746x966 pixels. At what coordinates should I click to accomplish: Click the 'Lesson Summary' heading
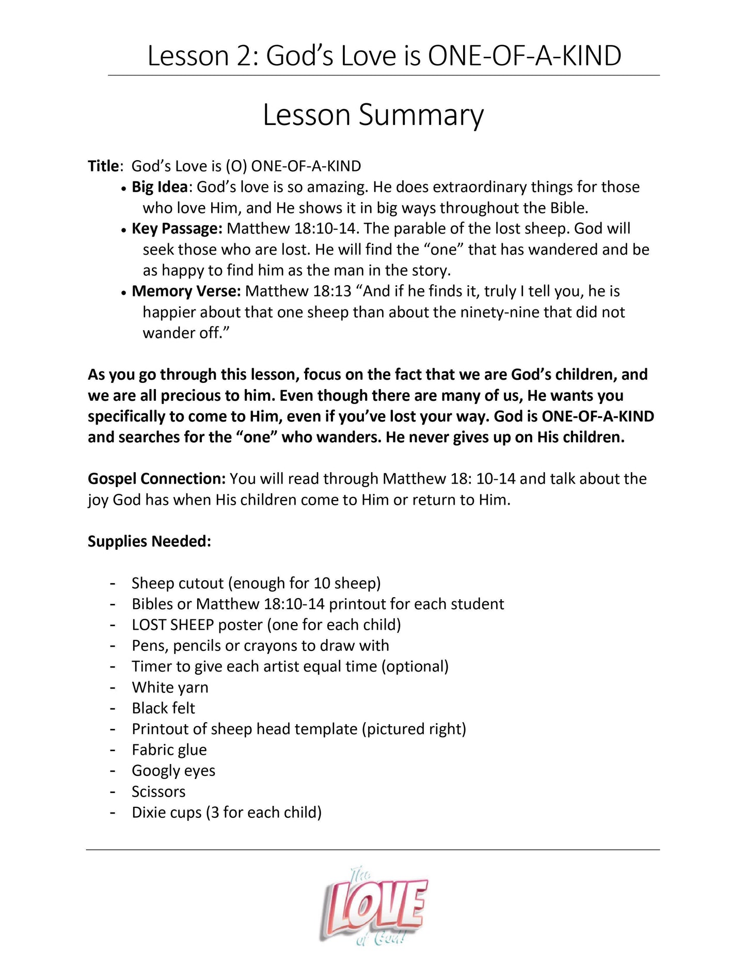tap(373, 115)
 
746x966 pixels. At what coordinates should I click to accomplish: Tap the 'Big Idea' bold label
tap(159, 187)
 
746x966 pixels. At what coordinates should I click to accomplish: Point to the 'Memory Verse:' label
tap(186, 291)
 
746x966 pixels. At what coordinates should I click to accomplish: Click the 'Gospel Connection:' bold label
tap(156, 479)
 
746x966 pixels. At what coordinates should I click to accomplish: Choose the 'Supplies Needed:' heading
tap(149, 541)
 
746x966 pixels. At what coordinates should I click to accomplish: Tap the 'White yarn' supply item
tap(170, 688)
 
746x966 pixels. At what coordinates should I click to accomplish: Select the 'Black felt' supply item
tap(163, 708)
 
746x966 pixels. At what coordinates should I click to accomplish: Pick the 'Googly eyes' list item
tap(173, 771)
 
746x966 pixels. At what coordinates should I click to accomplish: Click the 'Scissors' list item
tap(158, 791)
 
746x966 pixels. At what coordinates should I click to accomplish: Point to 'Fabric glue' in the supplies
tap(169, 750)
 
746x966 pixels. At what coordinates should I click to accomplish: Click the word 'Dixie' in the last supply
tap(149, 813)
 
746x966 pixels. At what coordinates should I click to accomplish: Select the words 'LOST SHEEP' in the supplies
tap(172, 625)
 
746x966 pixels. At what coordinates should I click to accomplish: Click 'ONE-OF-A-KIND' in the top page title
tap(525, 56)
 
